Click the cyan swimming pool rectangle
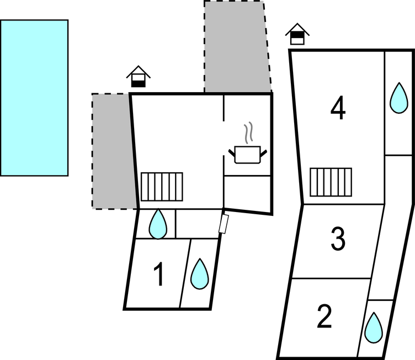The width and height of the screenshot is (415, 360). coord(34,98)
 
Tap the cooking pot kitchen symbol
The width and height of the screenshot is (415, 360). coord(248,155)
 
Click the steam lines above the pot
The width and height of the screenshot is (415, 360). coord(248,133)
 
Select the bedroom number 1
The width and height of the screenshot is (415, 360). coord(158,274)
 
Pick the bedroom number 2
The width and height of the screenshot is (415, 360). coord(324,316)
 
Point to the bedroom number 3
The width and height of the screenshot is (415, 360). coord(338,239)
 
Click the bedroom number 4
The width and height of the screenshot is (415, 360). coord(338,108)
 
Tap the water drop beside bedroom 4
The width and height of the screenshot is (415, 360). coord(399,98)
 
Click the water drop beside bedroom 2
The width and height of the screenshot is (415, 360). coord(374,327)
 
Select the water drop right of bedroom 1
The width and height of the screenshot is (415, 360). coord(200,274)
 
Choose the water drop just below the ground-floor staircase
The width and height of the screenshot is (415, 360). coord(158,224)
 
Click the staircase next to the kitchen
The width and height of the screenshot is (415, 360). coord(162,187)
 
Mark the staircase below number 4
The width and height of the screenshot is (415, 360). coord(331,182)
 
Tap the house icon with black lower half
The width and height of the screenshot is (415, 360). coord(139,76)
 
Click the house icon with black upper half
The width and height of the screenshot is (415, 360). coord(297,34)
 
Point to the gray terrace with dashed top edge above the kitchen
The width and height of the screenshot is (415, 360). coord(237,46)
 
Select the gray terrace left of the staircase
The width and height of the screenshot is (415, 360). coord(113,151)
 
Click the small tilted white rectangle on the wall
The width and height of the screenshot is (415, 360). coord(224,224)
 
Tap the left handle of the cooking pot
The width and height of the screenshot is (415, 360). coord(232,153)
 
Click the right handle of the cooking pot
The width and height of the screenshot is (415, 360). coord(264,153)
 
